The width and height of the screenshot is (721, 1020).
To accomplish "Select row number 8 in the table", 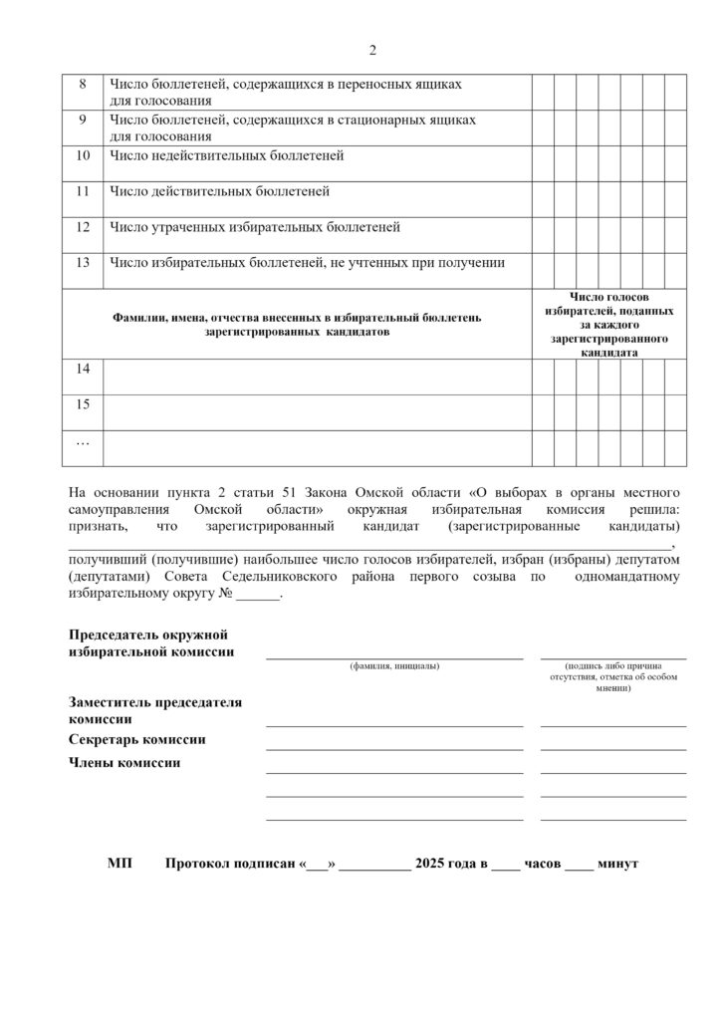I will [83, 85].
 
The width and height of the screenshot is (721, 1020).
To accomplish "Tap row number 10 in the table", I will [83, 155].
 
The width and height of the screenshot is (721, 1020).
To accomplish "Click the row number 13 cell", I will [83, 263].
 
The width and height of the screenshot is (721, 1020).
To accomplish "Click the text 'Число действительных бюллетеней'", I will [219, 191].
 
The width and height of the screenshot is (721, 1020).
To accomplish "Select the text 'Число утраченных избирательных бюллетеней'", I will [255, 227].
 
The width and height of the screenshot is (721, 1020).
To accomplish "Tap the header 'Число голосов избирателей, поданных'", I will [608, 304].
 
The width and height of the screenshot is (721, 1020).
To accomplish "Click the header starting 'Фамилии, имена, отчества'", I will [297, 324].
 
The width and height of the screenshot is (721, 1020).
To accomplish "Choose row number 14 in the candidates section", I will [83, 370].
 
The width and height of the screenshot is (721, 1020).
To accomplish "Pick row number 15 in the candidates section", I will [83, 404].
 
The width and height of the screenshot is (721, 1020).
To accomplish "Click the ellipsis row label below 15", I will [83, 440].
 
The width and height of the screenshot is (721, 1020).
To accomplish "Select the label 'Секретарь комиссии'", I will [136, 739].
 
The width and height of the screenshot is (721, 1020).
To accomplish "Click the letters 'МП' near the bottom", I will [119, 863].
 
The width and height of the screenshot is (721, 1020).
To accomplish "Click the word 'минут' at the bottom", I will [617, 863].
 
